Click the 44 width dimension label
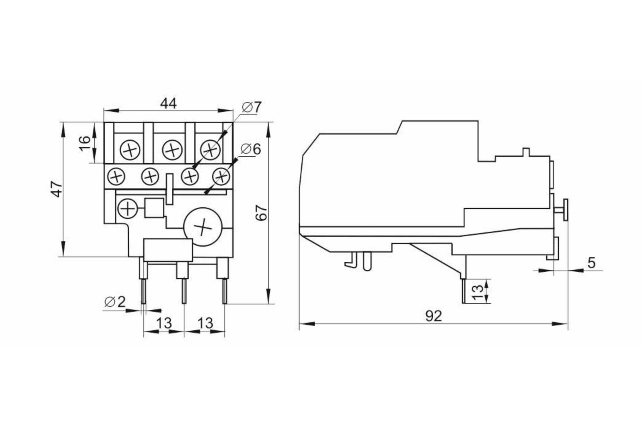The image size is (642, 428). pyautogui.click(x=168, y=104)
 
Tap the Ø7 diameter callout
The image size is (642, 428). pyautogui.click(x=252, y=107)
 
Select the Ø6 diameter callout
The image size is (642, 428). pyautogui.click(x=251, y=149)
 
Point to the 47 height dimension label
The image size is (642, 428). pyautogui.click(x=57, y=189)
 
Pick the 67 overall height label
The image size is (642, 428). pyautogui.click(x=261, y=213)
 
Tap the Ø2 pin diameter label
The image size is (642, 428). pyautogui.click(x=115, y=302)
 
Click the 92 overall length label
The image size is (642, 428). pyautogui.click(x=433, y=316)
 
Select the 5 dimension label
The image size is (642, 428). pyautogui.click(x=591, y=263)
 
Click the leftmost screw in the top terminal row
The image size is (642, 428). pyautogui.click(x=130, y=150)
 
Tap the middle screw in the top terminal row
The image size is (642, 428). pyautogui.click(x=172, y=150)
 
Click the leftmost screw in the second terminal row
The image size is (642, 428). pyautogui.click(x=116, y=177)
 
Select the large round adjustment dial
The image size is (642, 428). pyautogui.click(x=203, y=227)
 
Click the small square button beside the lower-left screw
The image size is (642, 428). pyautogui.click(x=154, y=208)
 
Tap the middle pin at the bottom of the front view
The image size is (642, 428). pyautogui.click(x=184, y=291)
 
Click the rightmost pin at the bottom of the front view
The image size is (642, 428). pyautogui.click(x=225, y=291)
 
